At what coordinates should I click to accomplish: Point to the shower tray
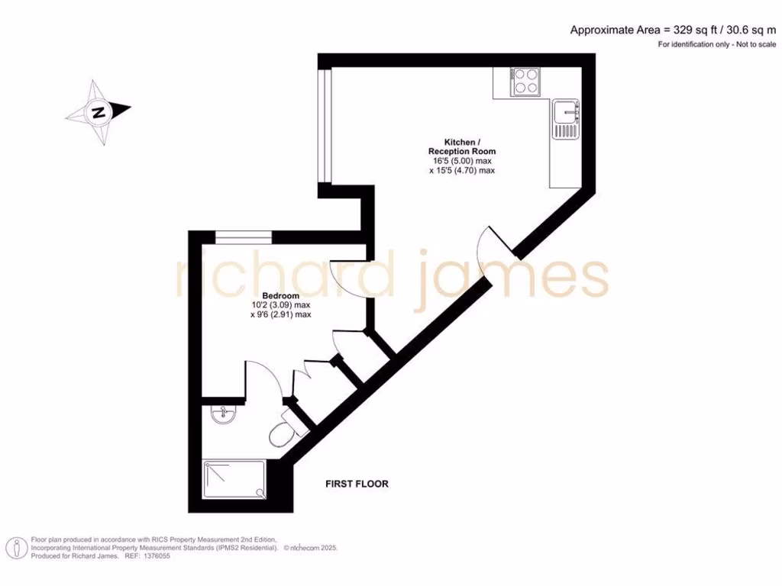tap(234, 480)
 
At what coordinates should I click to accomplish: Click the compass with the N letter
tap(99, 113)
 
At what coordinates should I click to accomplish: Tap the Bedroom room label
tap(280, 295)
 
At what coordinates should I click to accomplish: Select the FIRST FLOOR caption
tap(357, 484)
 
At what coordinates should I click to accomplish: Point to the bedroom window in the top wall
tap(242, 237)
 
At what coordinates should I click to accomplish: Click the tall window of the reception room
tap(325, 127)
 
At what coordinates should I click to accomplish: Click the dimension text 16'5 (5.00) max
tap(462, 161)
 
